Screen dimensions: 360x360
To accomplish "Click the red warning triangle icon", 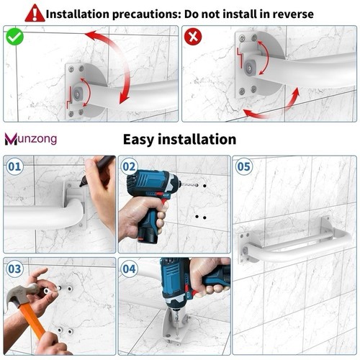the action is pyautogui.click(x=35, y=13).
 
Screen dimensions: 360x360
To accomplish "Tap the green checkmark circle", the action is pyautogui.click(x=15, y=37).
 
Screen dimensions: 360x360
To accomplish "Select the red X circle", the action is pyautogui.click(x=193, y=37).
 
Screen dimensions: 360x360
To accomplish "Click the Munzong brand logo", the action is pyautogui.click(x=31, y=139).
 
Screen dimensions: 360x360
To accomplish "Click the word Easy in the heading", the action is pyautogui.click(x=138, y=140).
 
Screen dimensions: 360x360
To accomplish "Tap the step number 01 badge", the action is pyautogui.click(x=14, y=166).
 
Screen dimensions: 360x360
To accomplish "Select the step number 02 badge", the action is pyautogui.click(x=130, y=166).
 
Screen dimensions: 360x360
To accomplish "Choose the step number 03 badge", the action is pyautogui.click(x=14, y=269).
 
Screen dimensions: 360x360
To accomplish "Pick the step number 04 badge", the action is pyautogui.click(x=130, y=269).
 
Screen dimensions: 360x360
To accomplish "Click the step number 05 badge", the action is pyautogui.click(x=244, y=166).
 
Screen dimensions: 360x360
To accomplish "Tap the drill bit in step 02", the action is pyautogui.click(x=189, y=184).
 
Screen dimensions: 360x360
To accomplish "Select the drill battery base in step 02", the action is pyautogui.click(x=148, y=235).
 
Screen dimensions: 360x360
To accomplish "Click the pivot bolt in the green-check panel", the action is pyautogui.click(x=77, y=92).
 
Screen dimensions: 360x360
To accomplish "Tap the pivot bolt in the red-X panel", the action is pyautogui.click(x=250, y=67).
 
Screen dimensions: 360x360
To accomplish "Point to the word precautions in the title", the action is pyautogui.click(x=146, y=14).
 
